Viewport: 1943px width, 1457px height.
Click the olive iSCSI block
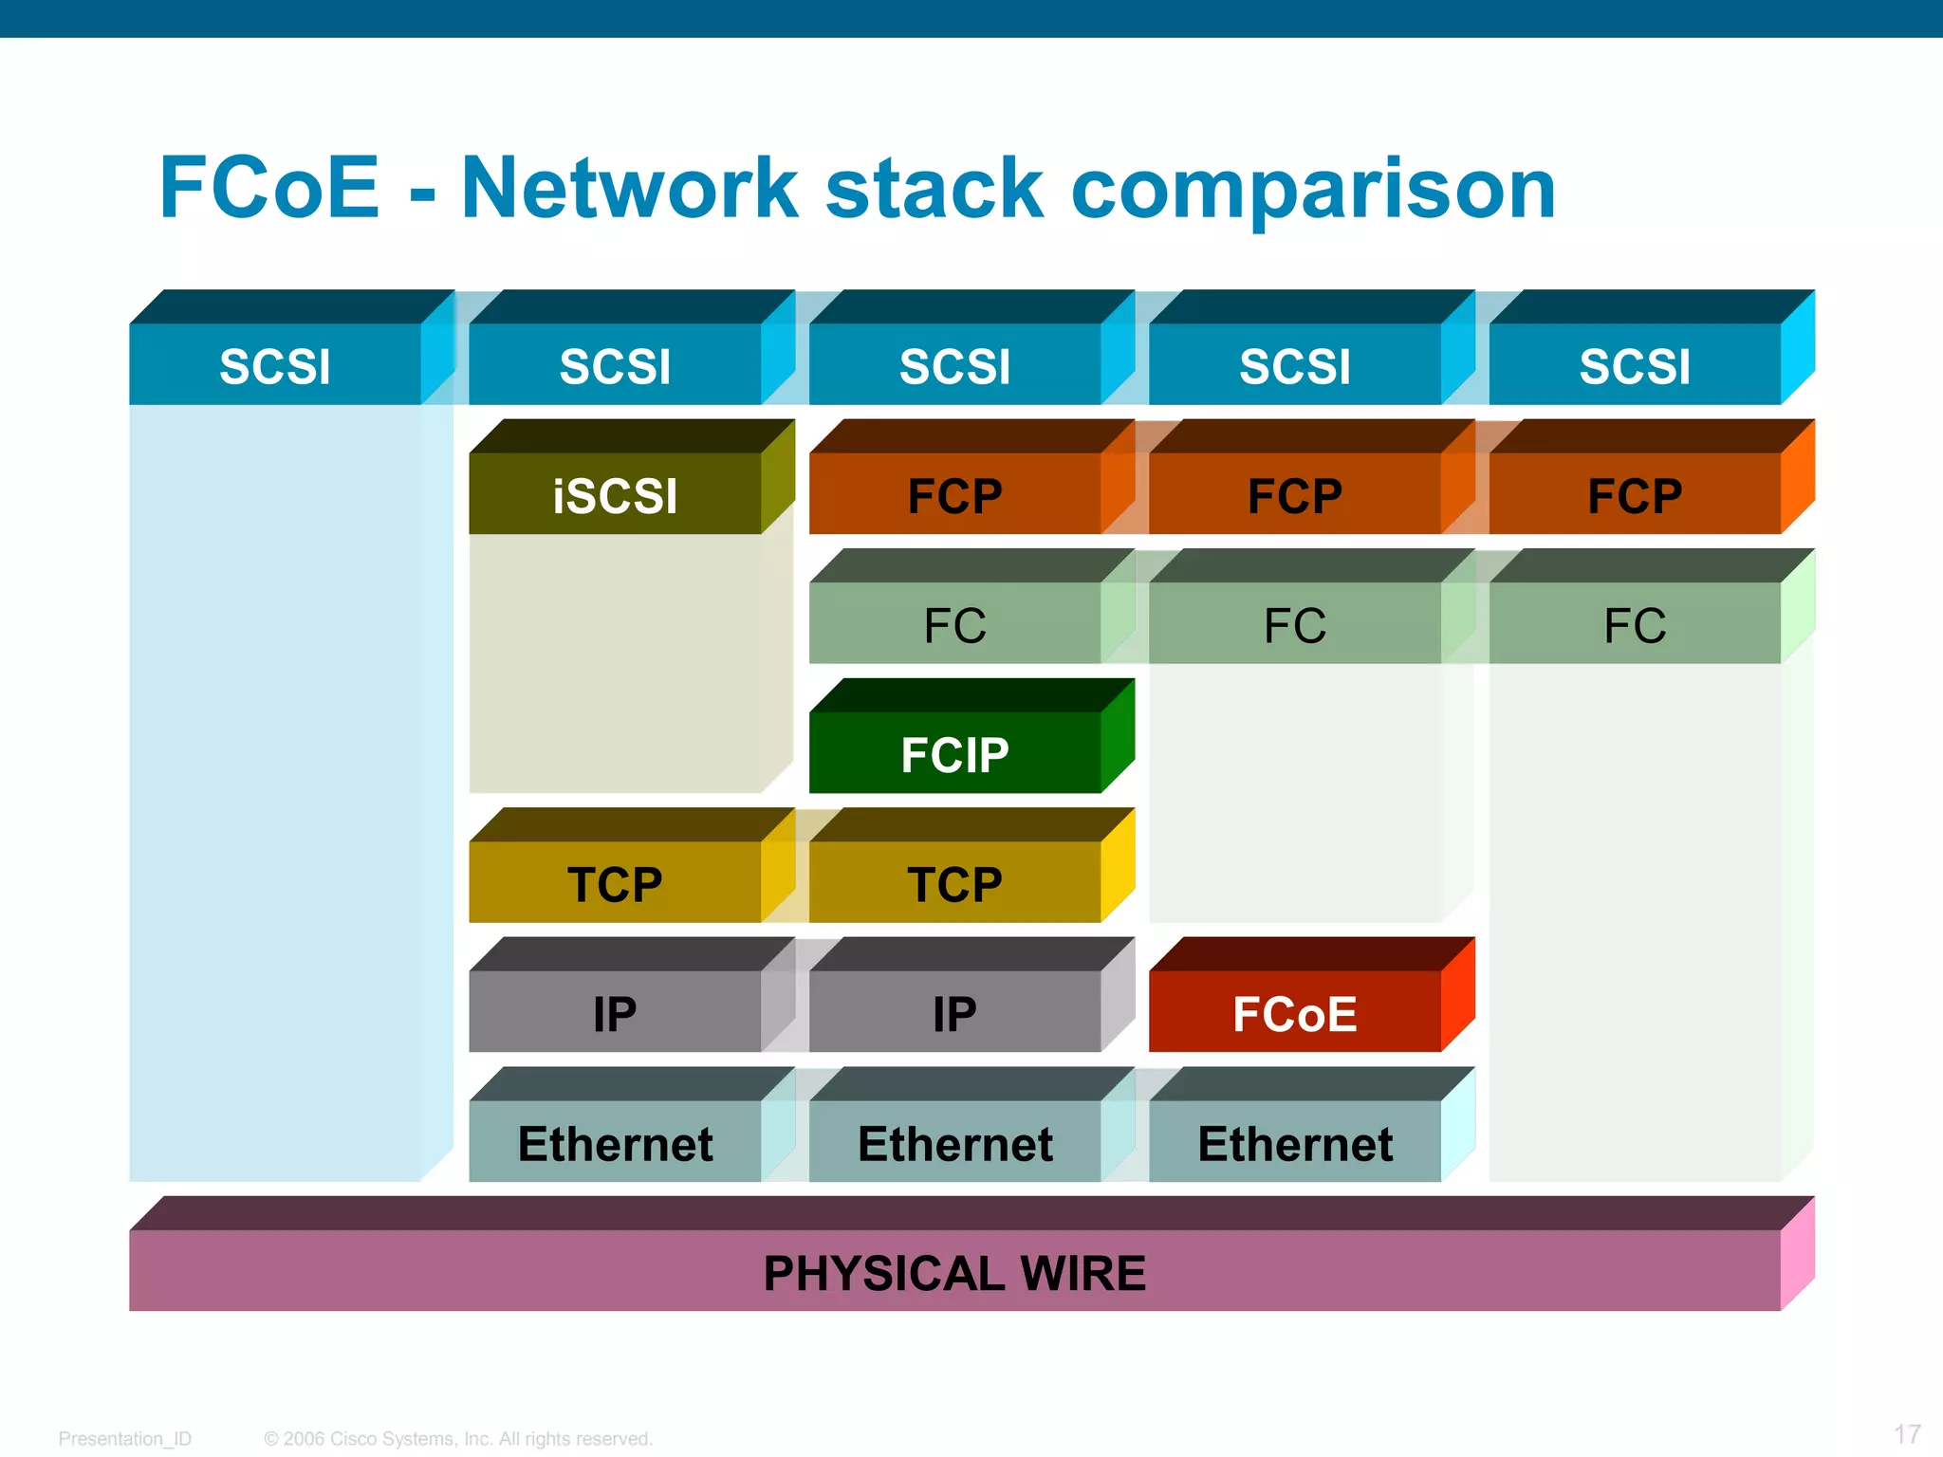(x=615, y=493)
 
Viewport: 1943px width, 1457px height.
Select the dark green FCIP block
(x=954, y=753)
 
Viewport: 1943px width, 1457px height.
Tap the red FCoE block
(x=1294, y=1012)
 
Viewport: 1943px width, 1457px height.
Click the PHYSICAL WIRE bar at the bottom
(x=954, y=1271)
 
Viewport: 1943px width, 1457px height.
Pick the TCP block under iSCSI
(x=615, y=882)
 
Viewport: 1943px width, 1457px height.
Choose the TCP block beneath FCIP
(x=954, y=882)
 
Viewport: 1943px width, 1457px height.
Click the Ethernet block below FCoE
(x=1294, y=1142)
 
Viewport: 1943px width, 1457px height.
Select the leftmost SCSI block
(x=275, y=365)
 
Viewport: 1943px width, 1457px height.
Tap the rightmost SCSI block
(x=1634, y=365)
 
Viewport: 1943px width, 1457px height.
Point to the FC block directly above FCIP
(x=954, y=624)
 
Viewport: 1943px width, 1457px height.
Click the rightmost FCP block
(x=1634, y=493)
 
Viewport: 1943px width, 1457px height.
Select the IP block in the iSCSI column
(x=615, y=1012)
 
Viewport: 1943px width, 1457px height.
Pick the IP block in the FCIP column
(x=954, y=1012)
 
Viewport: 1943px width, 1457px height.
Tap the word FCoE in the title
(x=269, y=188)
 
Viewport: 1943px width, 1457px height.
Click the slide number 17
(x=1907, y=1433)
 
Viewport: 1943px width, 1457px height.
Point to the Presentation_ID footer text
(x=125, y=1439)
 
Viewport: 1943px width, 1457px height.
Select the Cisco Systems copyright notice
(x=458, y=1439)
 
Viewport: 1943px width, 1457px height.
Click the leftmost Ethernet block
(x=615, y=1142)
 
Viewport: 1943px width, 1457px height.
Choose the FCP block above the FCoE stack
(x=1294, y=493)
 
